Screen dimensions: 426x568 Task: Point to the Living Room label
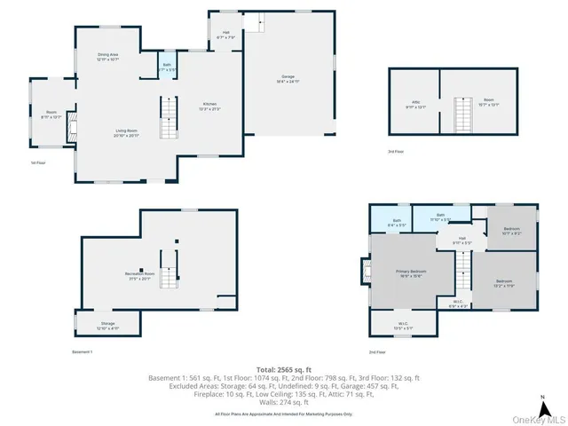tap(126, 133)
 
